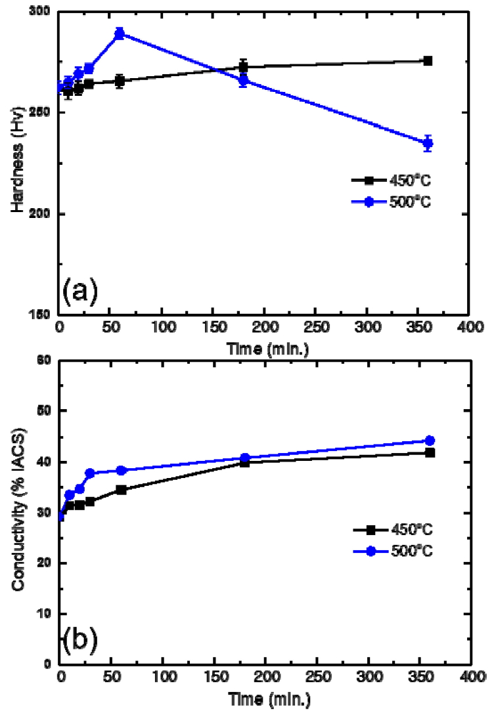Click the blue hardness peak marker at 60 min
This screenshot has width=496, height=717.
coord(120,33)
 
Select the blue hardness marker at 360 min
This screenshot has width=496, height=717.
coord(428,143)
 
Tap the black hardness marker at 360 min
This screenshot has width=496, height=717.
coord(428,61)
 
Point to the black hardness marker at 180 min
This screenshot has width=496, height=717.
coord(243,66)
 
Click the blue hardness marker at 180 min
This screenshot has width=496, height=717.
coord(243,81)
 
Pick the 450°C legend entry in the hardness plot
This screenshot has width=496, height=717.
coord(390,179)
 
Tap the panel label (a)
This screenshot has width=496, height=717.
coord(79,290)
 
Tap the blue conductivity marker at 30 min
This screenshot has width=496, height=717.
coord(90,473)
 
